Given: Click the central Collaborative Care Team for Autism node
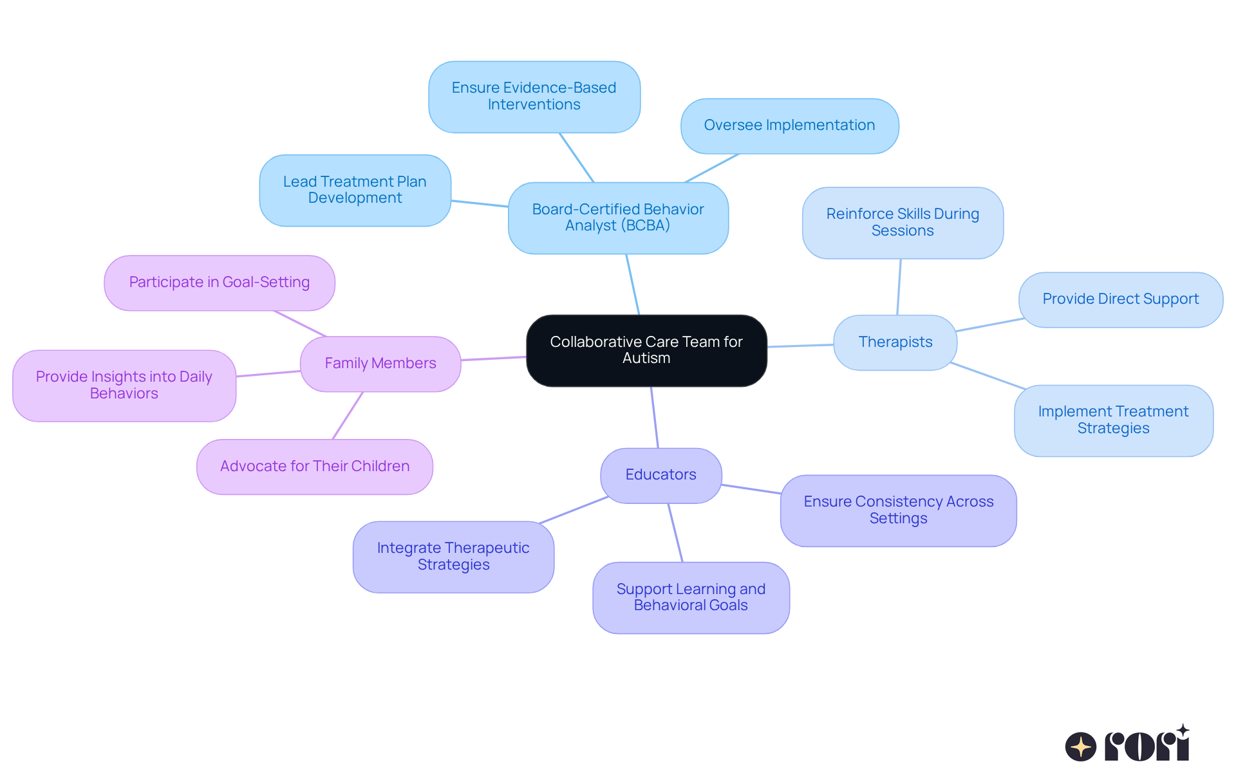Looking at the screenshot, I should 646,350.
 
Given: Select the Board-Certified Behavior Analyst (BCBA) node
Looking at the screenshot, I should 618,218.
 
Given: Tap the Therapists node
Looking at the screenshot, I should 895,342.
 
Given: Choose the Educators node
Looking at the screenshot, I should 660,475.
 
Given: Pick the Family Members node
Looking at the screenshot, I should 380,364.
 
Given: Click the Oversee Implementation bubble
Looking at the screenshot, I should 789,126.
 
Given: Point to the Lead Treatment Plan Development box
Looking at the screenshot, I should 355,190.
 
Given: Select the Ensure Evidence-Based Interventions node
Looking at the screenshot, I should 534,97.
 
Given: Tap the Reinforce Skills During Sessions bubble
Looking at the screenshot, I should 903,223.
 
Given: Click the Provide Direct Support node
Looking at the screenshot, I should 1120,299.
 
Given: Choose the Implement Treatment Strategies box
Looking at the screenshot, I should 1113,420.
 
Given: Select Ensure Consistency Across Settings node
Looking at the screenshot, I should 898,510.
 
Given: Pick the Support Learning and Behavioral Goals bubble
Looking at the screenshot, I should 691,597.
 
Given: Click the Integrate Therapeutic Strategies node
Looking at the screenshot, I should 453,557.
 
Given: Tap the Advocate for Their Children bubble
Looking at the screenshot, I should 314,467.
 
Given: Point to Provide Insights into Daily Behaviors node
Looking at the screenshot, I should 124,386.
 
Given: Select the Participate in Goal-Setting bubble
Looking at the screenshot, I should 219,283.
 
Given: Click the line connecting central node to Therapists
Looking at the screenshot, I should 800,346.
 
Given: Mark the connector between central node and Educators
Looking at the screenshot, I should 655,417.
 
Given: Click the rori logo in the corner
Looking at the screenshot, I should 1127,745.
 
